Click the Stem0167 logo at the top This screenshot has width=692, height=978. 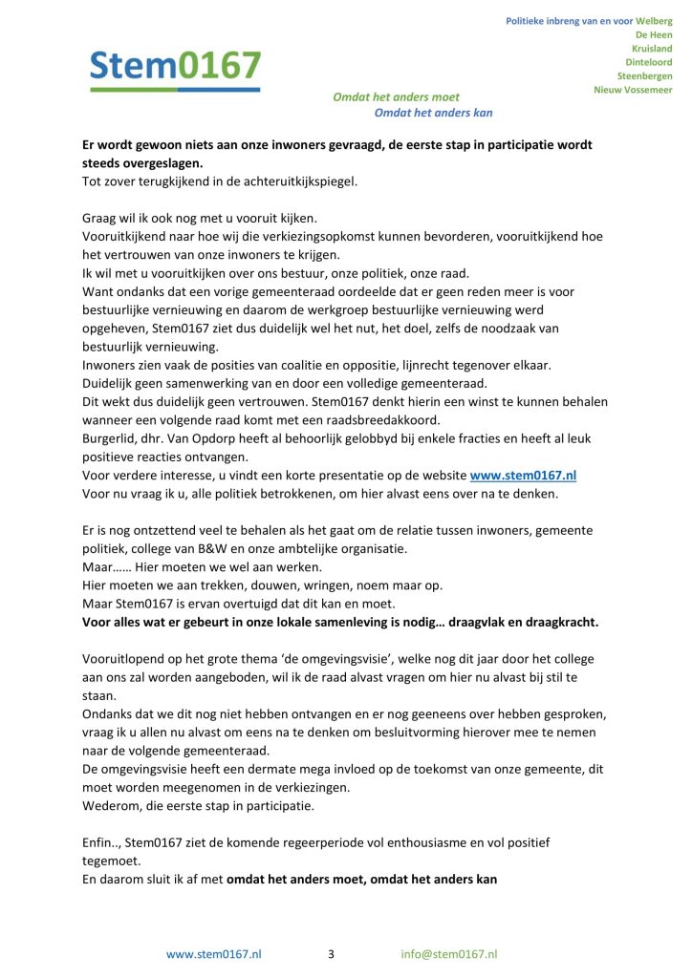tap(175, 68)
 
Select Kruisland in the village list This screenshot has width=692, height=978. tap(652, 48)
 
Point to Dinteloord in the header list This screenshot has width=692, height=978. tap(649, 62)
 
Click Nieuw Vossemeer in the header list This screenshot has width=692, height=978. tap(633, 90)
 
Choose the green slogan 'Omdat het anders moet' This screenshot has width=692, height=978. tap(396, 96)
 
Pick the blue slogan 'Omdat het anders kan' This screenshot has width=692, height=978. tap(433, 113)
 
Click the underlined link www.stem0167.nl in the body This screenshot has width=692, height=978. tap(522, 476)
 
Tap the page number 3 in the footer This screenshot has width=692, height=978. tap(331, 953)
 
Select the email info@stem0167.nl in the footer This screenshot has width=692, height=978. tap(448, 953)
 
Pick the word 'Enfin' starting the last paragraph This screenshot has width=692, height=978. tap(99, 843)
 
